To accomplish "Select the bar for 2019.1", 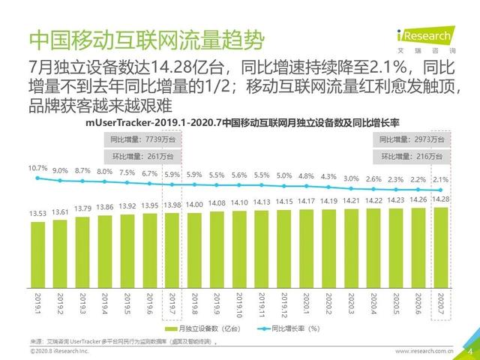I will (x=39, y=251).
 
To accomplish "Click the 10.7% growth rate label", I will (x=37, y=168).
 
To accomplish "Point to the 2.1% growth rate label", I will (x=442, y=180).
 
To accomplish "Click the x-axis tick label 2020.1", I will (x=307, y=306).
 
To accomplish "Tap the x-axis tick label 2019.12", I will (x=285, y=307).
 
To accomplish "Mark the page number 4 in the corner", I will (x=469, y=349).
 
